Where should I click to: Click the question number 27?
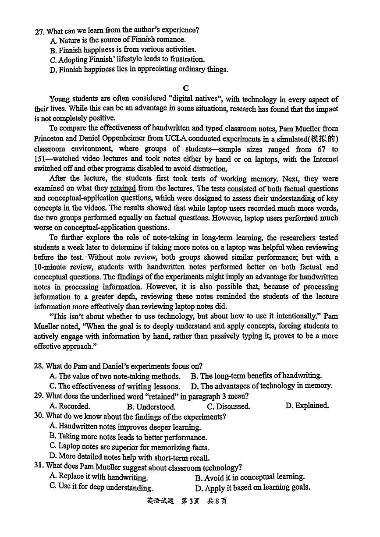tap(39, 31)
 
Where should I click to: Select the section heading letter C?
tap(186, 88)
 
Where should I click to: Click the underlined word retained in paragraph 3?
tap(123, 189)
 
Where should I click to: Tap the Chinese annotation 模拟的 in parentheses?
tap(324, 139)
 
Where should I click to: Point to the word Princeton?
tap(49, 139)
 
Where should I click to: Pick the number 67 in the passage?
tap(321, 149)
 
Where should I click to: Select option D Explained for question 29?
tap(307, 406)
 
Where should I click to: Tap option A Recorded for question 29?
tap(70, 406)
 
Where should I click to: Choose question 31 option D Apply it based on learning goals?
tap(252, 488)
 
